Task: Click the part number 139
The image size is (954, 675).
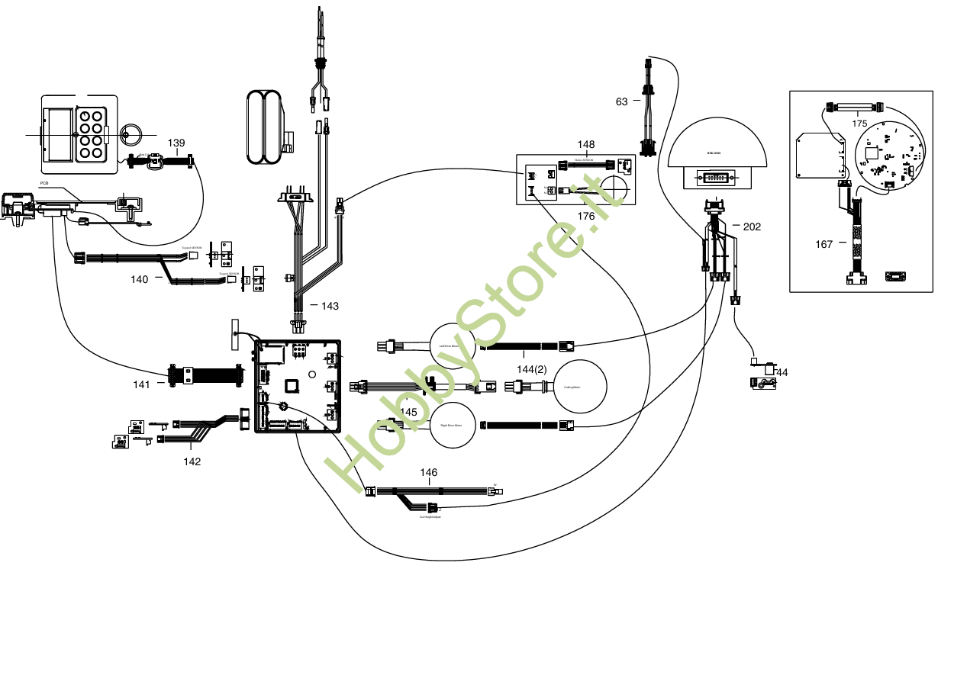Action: pos(176,143)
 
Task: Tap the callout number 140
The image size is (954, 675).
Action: pos(139,280)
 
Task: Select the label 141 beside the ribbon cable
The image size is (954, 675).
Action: pos(141,384)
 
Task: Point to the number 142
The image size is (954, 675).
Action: pos(192,461)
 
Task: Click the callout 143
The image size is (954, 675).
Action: pos(330,306)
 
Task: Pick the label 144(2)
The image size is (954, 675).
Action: pos(532,369)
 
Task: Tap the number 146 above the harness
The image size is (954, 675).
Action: pos(429,473)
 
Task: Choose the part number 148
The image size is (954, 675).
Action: pos(586,144)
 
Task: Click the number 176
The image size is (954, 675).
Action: pos(586,217)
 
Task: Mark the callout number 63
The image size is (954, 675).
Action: pos(622,101)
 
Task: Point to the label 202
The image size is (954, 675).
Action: pos(752,227)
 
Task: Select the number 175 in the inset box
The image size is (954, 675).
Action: pos(859,123)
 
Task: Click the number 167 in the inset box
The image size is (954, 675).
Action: pos(824,244)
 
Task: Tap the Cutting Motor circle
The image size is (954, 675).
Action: pos(580,387)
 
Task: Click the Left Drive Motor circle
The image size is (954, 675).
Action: pos(453,346)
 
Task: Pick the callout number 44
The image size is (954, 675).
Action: pos(782,372)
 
